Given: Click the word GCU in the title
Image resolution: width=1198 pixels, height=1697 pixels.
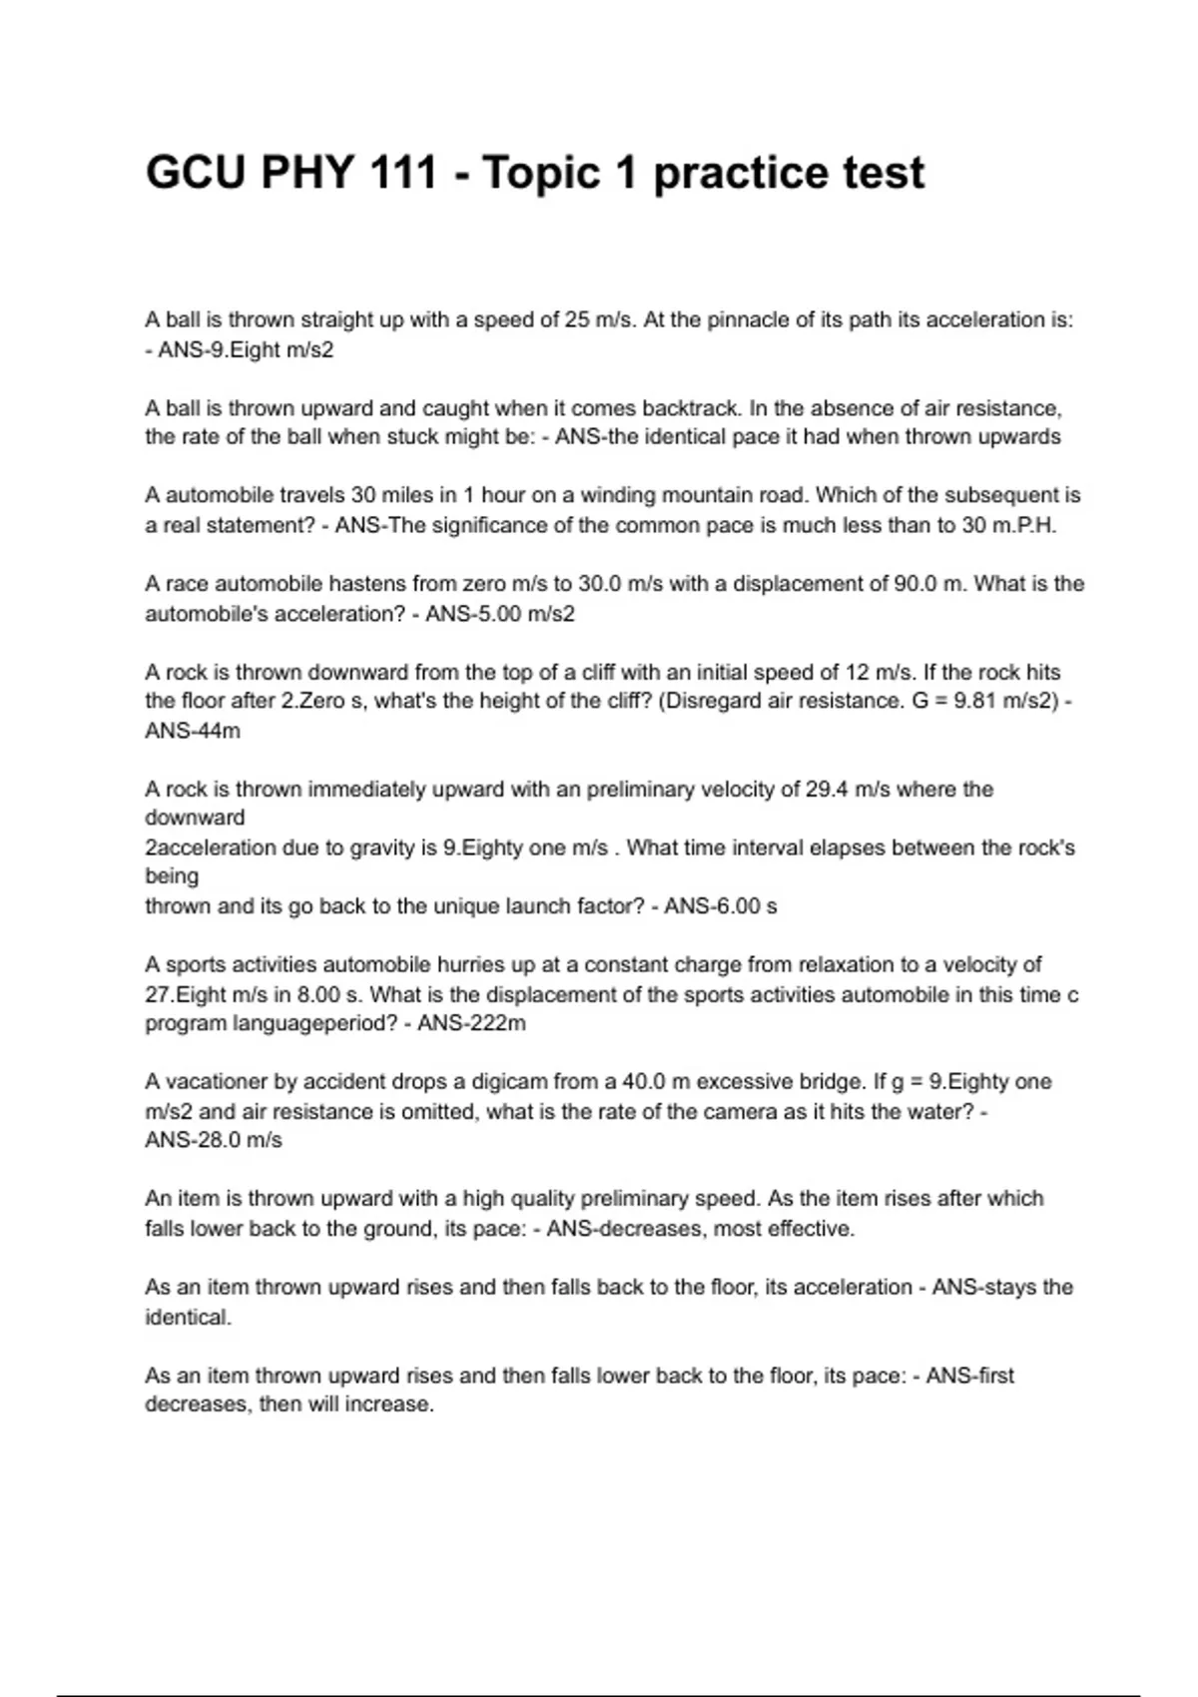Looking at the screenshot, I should click(x=195, y=173).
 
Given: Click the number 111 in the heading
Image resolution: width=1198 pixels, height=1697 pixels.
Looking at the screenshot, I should click(x=402, y=173).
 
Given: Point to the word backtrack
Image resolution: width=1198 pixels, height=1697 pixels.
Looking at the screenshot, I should click(x=688, y=408).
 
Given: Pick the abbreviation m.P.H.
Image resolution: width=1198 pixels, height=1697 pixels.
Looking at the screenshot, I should click(x=1023, y=525).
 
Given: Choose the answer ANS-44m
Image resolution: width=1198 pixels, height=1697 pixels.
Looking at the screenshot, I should click(x=193, y=731).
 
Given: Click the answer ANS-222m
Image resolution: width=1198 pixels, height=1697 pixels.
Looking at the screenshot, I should click(x=471, y=1023).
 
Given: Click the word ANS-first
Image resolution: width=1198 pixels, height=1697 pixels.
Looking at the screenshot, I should click(x=969, y=1376).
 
